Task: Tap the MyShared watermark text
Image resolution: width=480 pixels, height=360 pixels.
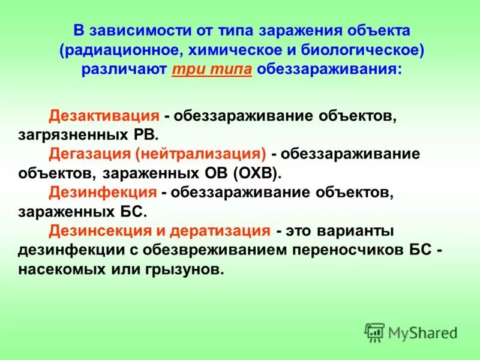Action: (x=422, y=332)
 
